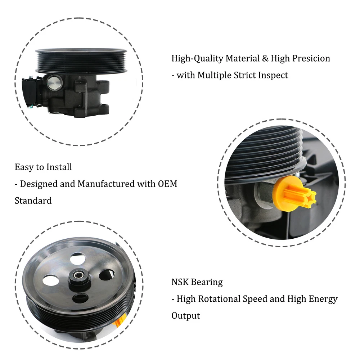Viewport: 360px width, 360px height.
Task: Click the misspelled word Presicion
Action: pos(311,59)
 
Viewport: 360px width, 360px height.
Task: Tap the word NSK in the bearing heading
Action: pos(180,282)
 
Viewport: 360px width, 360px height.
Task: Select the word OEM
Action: pos(167,184)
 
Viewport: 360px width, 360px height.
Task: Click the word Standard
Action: pos(33,201)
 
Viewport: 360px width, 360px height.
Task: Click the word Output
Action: pos(186,316)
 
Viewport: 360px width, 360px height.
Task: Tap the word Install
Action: pos(59,167)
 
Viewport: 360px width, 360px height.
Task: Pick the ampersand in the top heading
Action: pos(265,58)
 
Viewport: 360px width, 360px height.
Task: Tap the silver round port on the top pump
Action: pos(54,82)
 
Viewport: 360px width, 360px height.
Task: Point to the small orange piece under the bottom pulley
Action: pos(120,320)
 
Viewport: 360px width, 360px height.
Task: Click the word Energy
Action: pos(323,299)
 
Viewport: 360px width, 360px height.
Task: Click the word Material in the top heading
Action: pos(242,58)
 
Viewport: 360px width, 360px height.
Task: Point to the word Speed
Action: pos(255,299)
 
